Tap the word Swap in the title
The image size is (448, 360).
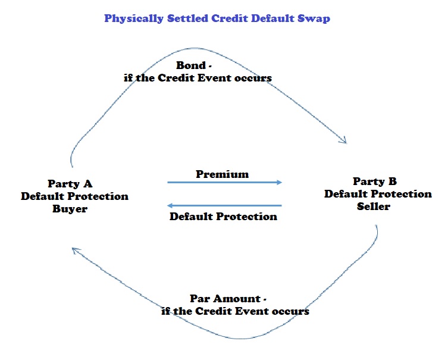point(315,18)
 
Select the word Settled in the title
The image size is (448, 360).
point(186,18)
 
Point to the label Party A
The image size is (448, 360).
point(70,184)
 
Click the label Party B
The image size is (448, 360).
point(375,181)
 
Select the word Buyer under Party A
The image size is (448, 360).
point(70,209)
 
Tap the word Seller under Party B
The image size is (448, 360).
point(374,206)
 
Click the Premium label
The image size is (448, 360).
point(223,174)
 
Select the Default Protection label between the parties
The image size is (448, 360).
point(223,216)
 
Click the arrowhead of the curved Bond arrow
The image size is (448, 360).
point(343,140)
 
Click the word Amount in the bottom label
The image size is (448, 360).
point(235,298)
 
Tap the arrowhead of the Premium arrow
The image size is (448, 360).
point(278,183)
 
